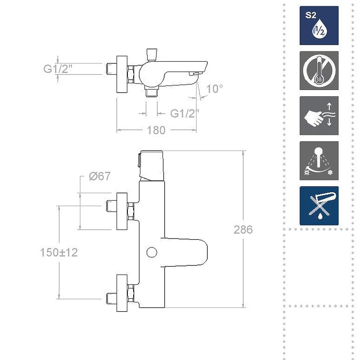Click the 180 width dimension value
pos(156,130)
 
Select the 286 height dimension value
pos(243,229)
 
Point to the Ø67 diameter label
pos(99,176)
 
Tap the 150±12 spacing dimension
pos(59,252)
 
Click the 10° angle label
pos(215,89)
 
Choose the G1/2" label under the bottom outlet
pos(184,113)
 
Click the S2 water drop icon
pos(319,25)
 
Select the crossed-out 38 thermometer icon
pos(319,70)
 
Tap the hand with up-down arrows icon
pos(319,115)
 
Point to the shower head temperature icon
pos(319,161)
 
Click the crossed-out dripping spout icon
pos(319,206)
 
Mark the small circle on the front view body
pos(152,252)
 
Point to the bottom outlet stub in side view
pos(152,92)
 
